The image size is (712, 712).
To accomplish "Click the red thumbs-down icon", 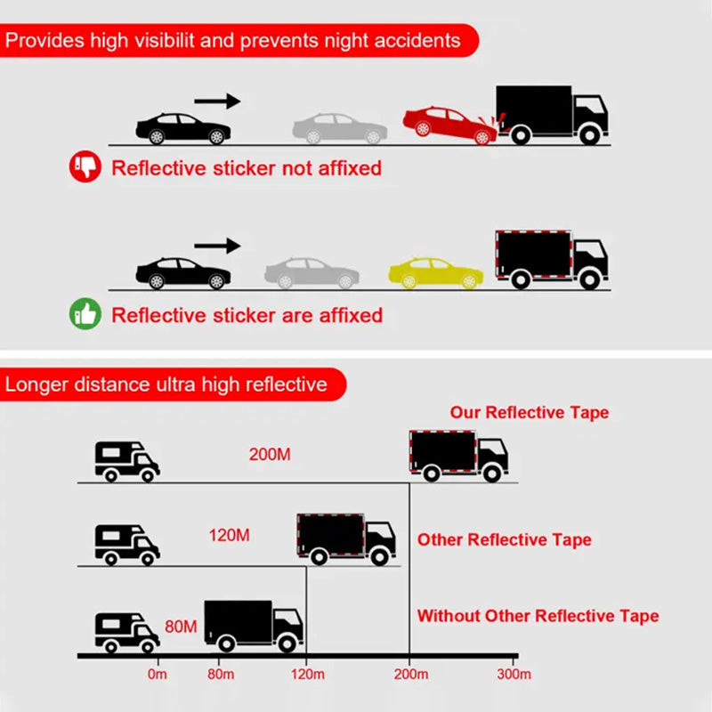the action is pos(85,166).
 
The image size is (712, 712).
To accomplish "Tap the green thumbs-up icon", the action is pos(85,314).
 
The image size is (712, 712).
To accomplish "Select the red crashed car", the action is pos(450,125).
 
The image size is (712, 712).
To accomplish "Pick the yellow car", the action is pos(436,273).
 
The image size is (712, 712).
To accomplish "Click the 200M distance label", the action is pos(270,455).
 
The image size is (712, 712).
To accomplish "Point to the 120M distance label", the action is pos(230,536).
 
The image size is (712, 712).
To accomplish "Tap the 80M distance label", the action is pos(181,627).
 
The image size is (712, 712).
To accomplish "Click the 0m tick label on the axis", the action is pos(158,675).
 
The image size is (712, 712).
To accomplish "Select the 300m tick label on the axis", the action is pos(514,675).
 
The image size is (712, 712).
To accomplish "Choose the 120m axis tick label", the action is pos(308,675).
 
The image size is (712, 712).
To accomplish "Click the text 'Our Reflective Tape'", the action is pos(530,413).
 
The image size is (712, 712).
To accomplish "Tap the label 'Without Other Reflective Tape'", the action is pos(538,616).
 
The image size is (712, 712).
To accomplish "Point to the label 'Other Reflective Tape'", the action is pos(505,540).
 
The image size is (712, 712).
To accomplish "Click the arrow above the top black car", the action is pos(217,101).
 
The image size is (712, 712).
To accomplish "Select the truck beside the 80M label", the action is pos(254,627).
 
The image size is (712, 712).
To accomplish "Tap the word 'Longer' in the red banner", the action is pos(36,385).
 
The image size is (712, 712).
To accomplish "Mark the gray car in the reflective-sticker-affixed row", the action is pos(312,273).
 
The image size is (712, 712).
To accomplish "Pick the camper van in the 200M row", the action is pos(127,461).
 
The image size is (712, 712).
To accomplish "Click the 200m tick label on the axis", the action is pos(411,675).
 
